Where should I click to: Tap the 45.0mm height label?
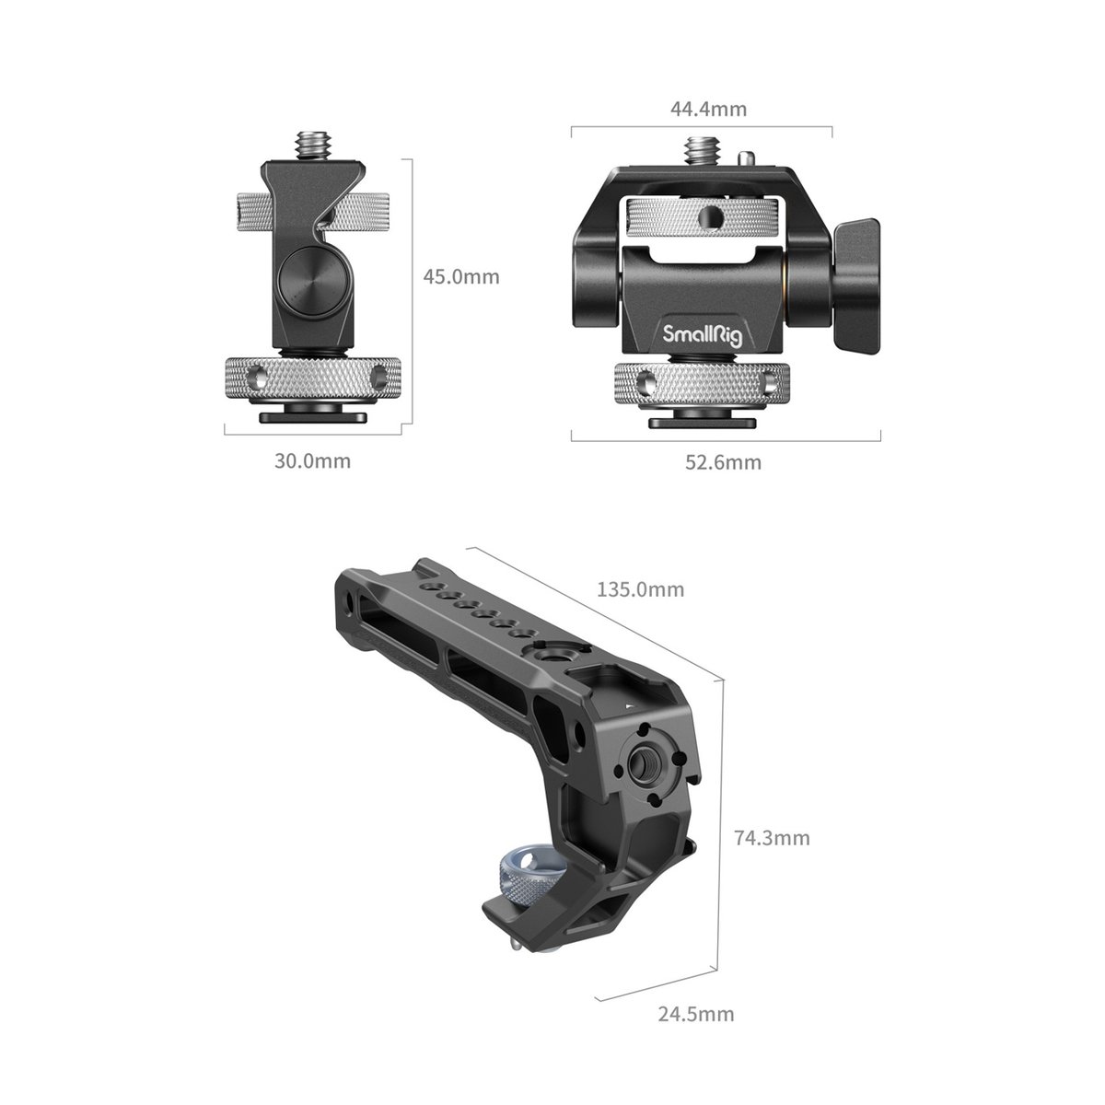point(461,276)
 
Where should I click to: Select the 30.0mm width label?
point(312,460)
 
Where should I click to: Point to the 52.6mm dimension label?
point(723,462)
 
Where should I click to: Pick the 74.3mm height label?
point(772,838)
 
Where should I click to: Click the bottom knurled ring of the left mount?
point(314,378)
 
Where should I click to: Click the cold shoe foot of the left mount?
point(313,415)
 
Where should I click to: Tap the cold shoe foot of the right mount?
point(700,423)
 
